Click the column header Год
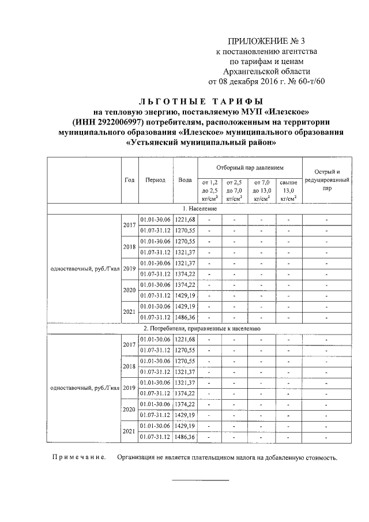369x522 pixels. click(130, 180)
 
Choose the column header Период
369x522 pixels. click(156, 180)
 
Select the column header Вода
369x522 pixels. click(185, 180)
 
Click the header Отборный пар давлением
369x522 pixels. click(250, 167)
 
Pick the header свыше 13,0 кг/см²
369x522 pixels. click(288, 190)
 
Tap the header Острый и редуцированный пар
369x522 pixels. click(327, 180)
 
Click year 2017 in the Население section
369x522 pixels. click(129, 224)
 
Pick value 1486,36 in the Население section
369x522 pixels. click(185, 317)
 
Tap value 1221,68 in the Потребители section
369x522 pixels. click(185, 339)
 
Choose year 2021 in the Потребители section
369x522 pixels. click(129, 431)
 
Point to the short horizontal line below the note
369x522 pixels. click(201, 480)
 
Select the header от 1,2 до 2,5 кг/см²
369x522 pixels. click(209, 190)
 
